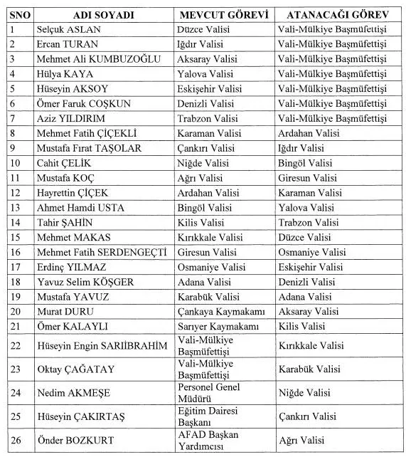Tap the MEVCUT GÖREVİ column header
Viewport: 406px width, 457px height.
point(222,15)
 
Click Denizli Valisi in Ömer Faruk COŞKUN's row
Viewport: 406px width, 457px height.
point(206,103)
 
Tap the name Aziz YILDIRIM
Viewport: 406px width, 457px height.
point(70,118)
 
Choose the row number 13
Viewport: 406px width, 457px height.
point(15,207)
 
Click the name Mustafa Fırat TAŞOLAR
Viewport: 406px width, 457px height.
point(89,148)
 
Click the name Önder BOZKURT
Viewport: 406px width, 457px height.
point(75,439)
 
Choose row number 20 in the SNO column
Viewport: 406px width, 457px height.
point(15,311)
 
